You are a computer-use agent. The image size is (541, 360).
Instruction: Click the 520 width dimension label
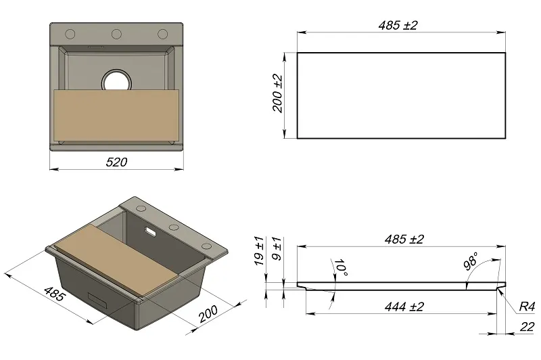[x=116, y=162]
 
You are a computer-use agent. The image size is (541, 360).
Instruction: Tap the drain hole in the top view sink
[x=117, y=80]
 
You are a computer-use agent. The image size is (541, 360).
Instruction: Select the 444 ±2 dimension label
[x=404, y=307]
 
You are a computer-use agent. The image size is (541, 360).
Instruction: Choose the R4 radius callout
[x=526, y=307]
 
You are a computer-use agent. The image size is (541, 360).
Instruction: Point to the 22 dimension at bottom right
[x=527, y=327]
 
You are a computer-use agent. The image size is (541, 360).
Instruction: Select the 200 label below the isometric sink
[x=208, y=314]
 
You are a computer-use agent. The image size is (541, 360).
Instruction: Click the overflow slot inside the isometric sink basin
[x=150, y=233]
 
